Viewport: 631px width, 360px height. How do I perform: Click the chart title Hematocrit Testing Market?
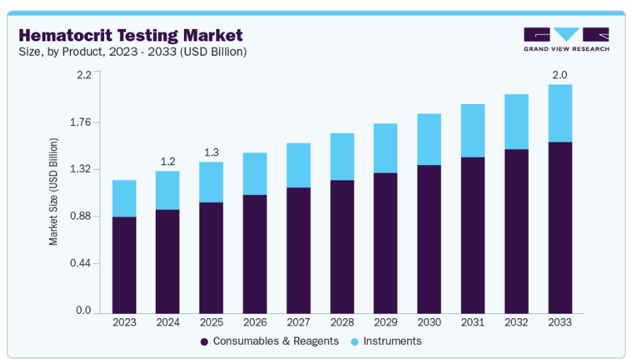[x=131, y=34]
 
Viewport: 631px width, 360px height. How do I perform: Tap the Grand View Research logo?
[x=566, y=39]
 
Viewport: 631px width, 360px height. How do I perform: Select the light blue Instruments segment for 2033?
[x=560, y=113]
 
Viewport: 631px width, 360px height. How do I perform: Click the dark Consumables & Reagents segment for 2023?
[x=124, y=264]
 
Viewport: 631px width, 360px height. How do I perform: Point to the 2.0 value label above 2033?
[x=560, y=74]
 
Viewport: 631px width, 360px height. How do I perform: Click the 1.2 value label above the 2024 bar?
[x=167, y=161]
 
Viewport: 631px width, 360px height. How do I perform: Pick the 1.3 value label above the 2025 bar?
[x=211, y=152]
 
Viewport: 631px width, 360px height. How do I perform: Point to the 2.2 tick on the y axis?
[x=83, y=75]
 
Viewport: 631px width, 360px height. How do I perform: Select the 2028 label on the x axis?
[x=342, y=322]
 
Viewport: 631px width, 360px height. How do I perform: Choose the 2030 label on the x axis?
[x=429, y=322]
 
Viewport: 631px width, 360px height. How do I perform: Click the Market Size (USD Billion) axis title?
[x=53, y=192]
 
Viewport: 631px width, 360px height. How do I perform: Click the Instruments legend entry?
[x=385, y=341]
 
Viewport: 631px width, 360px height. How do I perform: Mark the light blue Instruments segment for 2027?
[x=298, y=165]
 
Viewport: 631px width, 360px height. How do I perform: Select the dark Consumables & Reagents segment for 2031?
[x=473, y=234]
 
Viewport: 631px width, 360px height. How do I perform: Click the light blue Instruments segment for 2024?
[x=167, y=190]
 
